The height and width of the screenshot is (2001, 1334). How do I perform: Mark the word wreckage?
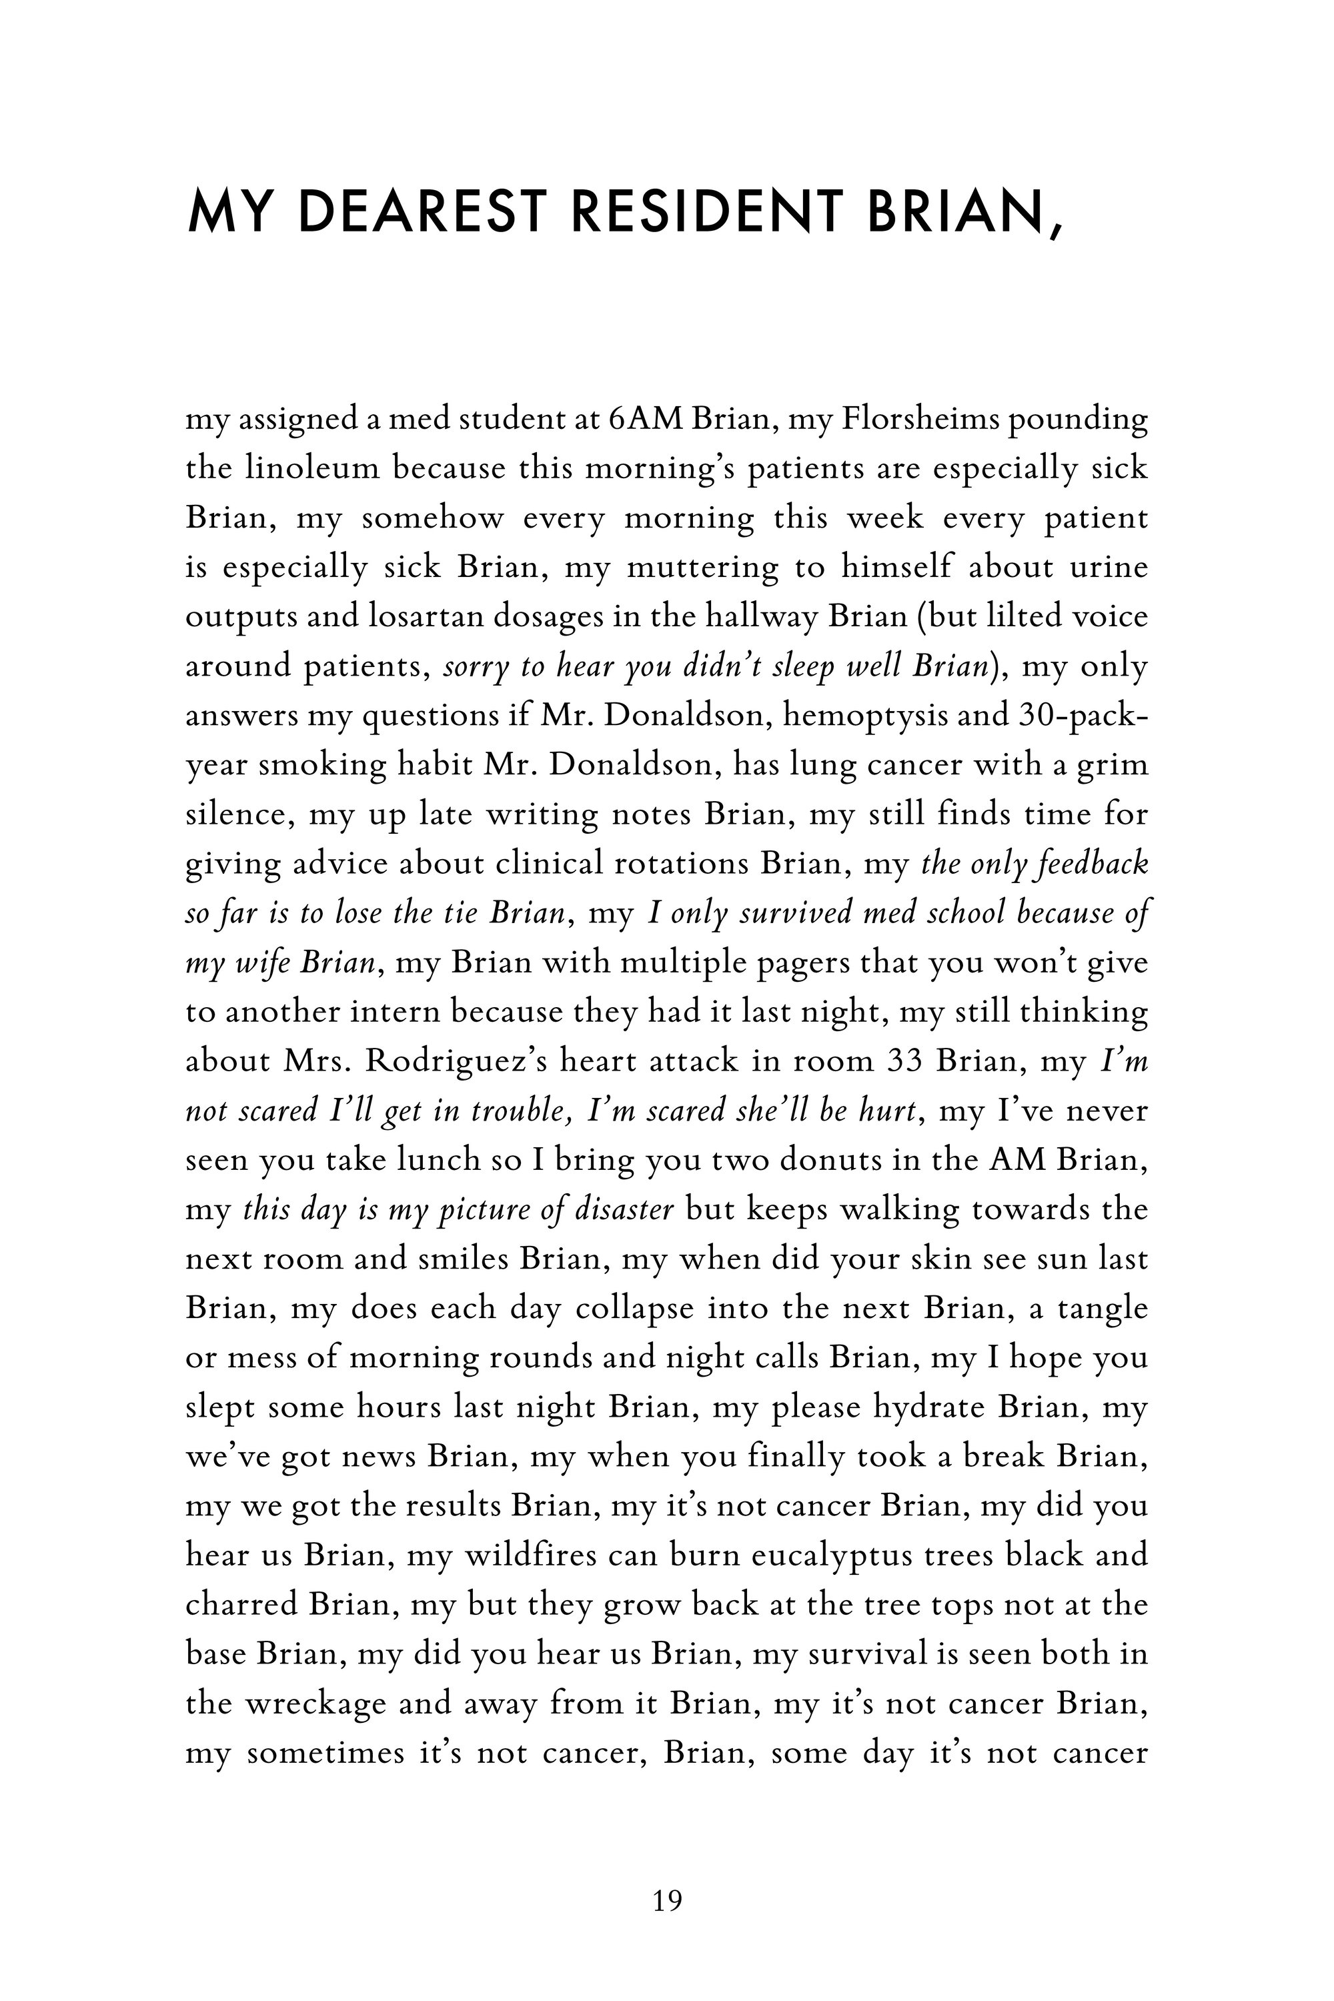[x=314, y=1704]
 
